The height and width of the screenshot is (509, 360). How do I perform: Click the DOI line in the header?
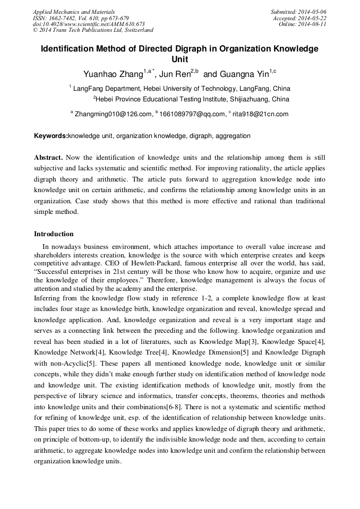(89, 24)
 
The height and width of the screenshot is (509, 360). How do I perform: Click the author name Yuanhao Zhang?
(113, 73)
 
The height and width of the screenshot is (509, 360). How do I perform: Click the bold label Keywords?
(51, 136)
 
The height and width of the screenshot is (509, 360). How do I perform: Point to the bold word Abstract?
(48, 158)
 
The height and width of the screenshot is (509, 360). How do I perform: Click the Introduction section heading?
(54, 234)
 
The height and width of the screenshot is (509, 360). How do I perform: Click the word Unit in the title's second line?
(180, 59)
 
